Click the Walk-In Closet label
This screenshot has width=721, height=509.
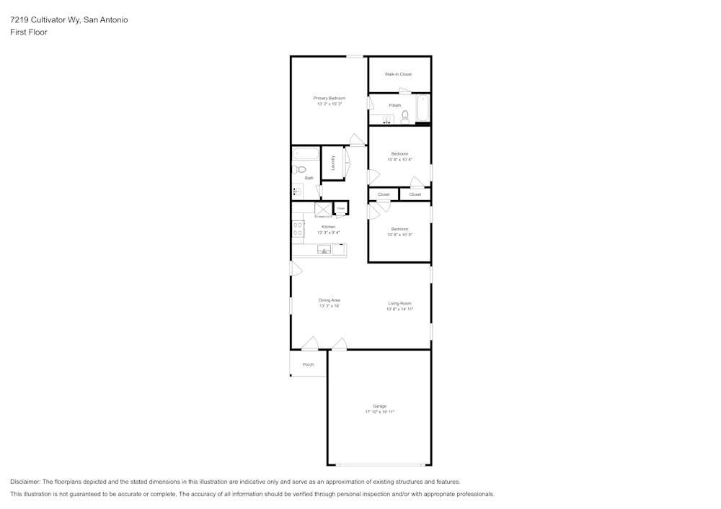pyautogui.click(x=398, y=74)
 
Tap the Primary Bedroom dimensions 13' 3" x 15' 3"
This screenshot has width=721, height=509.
pyautogui.click(x=329, y=104)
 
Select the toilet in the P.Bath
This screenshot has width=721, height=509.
pyautogui.click(x=405, y=116)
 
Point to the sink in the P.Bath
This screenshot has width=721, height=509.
pyautogui.click(x=386, y=120)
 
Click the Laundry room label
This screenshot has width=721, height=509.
pyautogui.click(x=333, y=163)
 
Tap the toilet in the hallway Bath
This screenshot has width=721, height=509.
pyautogui.click(x=299, y=170)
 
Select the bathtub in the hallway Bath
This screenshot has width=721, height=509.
pyautogui.click(x=306, y=153)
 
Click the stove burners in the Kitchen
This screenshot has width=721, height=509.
pyautogui.click(x=298, y=229)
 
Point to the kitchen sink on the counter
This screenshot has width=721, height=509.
pyautogui.click(x=324, y=251)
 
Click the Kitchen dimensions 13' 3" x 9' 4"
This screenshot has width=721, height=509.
pyautogui.click(x=329, y=233)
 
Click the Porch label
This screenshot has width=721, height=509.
pyautogui.click(x=308, y=364)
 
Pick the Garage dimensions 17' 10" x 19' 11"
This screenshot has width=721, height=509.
pyautogui.click(x=379, y=412)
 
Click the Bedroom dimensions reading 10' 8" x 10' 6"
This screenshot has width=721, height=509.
pyautogui.click(x=399, y=159)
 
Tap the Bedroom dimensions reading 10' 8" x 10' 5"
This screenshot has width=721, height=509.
pyautogui.click(x=399, y=235)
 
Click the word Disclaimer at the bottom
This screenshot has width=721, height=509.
pyautogui.click(x=25, y=482)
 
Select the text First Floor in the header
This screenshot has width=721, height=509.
pyautogui.click(x=29, y=32)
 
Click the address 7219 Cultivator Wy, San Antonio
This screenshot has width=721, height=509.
pyautogui.click(x=69, y=20)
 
